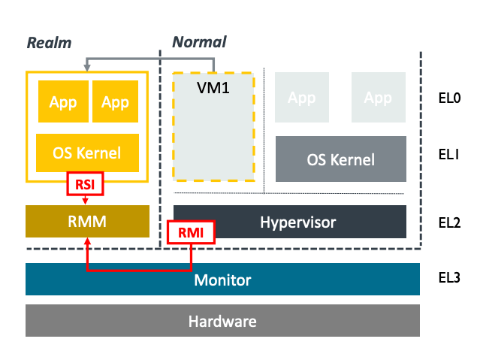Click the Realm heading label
[50, 43]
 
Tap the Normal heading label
[199, 42]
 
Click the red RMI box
[191, 233]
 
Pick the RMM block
[87, 222]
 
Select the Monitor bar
[222, 280]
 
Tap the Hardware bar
[222, 322]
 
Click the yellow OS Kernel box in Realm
[87, 153]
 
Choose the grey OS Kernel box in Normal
[340, 159]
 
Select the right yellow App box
[115, 101]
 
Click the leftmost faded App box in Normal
[302, 98]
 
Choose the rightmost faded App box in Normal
[377, 98]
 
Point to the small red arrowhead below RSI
[86, 201]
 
